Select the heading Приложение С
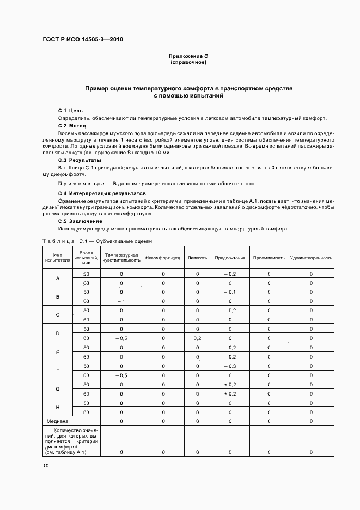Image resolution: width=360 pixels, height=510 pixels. point(188,56)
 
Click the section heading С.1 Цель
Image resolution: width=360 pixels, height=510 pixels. point(70,111)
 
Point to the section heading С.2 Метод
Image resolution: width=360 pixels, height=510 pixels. point(72,126)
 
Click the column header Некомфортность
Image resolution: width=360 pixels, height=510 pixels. point(163,258)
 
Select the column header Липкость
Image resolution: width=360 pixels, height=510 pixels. point(197,258)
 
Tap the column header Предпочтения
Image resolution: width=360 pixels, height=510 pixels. point(230,258)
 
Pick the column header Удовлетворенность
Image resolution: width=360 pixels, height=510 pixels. point(311,258)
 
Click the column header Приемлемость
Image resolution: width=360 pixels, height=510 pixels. point(269,258)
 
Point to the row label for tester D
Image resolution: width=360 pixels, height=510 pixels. point(58,333)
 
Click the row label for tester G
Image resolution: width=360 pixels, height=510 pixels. point(58,389)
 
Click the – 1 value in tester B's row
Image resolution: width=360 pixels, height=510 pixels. point(121,301)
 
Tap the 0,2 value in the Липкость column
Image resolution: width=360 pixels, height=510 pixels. point(197,338)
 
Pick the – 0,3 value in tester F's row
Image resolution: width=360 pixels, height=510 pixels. point(230,366)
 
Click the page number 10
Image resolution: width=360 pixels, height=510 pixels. point(46,466)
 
